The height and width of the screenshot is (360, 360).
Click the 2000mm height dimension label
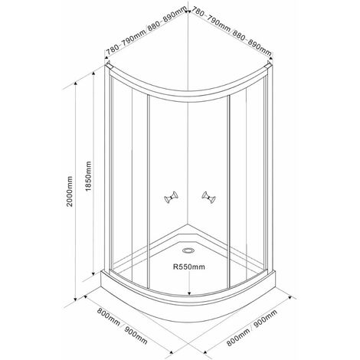(70, 191)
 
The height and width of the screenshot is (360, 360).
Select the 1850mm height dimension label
(88, 176)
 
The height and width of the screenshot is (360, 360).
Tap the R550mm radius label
(189, 267)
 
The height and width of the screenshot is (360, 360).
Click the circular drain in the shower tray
(188, 250)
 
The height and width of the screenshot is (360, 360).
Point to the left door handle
(171, 198)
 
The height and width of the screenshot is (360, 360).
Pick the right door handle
(208, 198)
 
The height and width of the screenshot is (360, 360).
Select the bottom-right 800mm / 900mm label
(252, 329)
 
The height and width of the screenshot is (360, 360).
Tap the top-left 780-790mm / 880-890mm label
(146, 31)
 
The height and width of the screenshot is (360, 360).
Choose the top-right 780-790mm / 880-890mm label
(231, 31)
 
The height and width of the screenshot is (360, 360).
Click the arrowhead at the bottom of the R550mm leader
(189, 293)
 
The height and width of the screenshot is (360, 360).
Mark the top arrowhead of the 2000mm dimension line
(75, 84)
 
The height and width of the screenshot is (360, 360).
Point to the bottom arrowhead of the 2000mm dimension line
(75, 298)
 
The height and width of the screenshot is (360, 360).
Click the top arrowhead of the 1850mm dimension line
(93, 74)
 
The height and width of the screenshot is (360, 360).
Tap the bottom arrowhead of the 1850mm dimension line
(93, 273)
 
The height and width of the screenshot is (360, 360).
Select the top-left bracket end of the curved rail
(108, 64)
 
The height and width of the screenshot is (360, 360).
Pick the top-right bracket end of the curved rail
(269, 64)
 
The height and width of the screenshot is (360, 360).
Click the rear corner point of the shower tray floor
(188, 224)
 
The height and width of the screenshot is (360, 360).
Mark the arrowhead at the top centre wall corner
(188, 11)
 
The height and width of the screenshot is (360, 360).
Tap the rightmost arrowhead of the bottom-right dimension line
(290, 298)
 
